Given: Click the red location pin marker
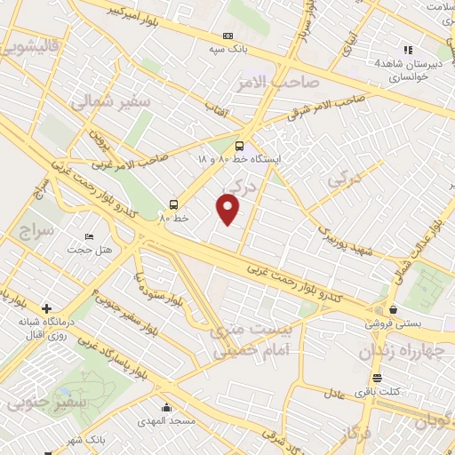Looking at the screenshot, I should pyautogui.click(x=228, y=210).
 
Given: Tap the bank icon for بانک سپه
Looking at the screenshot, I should pyautogui.click(x=229, y=37).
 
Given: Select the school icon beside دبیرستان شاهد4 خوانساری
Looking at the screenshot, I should pyautogui.click(x=408, y=50).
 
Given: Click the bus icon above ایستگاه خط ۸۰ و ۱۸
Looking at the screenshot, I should pyautogui.click(x=239, y=146).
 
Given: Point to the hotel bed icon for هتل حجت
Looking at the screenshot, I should pyautogui.click(x=88, y=237).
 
